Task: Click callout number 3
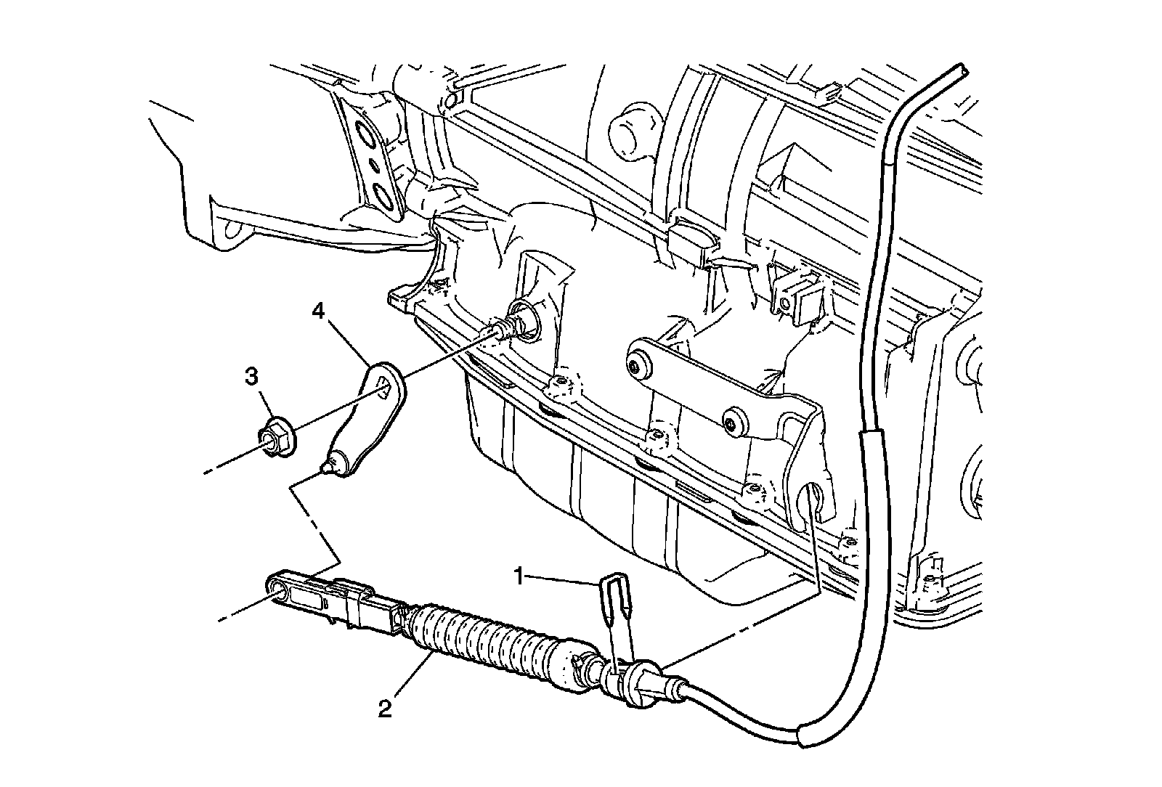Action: tap(251, 377)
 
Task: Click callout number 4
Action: tap(317, 312)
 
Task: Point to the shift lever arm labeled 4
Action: tap(370, 421)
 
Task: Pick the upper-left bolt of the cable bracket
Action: tap(639, 366)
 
